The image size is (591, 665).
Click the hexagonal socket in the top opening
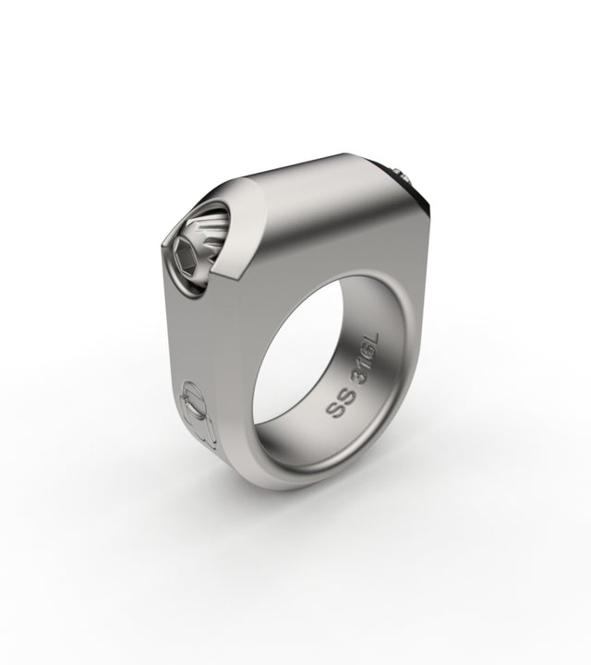(186, 258)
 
